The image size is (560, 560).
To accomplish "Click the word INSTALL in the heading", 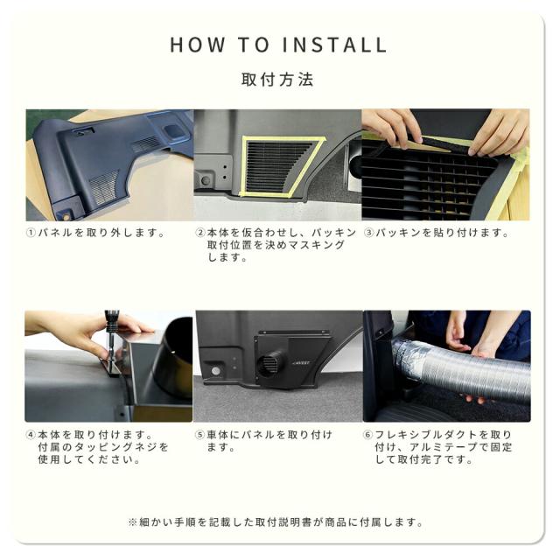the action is pos(334,45).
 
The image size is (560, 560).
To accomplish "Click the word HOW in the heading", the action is pos(198,45).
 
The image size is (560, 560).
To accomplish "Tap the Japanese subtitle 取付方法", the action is pos(277,80).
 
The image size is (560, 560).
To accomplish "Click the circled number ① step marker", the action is pos(31,233).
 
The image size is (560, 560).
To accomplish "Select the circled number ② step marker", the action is pos(200,233).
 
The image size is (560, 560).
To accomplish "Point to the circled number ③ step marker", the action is pos(368,233).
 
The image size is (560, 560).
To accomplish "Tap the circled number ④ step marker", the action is pos(31,435).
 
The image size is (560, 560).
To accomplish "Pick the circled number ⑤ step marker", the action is pos(199,435).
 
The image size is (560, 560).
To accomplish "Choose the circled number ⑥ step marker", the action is pos(367,435).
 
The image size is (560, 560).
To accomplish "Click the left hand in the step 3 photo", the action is pos(392,127).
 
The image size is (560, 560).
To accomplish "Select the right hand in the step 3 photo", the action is pos(500,133).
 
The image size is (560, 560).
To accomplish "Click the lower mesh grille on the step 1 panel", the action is pos(103,187).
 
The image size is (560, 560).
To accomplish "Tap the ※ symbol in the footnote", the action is pos(132,522).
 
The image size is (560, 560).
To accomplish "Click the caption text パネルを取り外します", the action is pos(101,233).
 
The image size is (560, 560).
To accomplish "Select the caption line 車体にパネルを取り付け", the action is pos(269,435).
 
